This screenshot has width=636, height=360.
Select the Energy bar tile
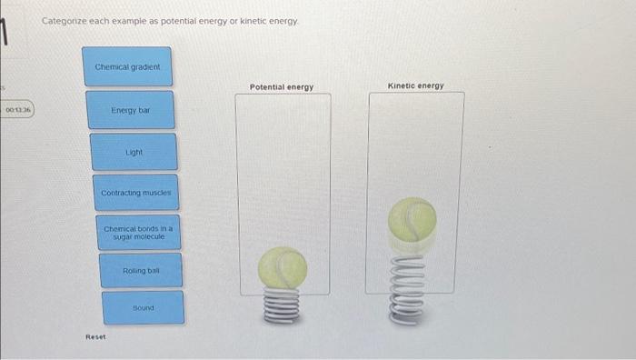pyautogui.click(x=130, y=109)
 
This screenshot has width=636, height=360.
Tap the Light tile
pyautogui.click(x=134, y=152)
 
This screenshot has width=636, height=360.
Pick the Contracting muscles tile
pyautogui.click(x=135, y=193)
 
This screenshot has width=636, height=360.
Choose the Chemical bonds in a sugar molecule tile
pyautogui.click(x=138, y=232)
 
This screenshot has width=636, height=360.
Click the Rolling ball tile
pyautogui.click(x=141, y=271)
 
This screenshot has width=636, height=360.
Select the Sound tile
pyautogui.click(x=143, y=307)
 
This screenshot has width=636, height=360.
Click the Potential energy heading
pyautogui.click(x=282, y=87)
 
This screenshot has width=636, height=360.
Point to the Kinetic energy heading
pyautogui.click(x=415, y=85)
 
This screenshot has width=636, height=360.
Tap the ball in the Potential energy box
pyautogui.click(x=283, y=268)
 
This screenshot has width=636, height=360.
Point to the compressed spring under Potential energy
pyautogui.click(x=283, y=306)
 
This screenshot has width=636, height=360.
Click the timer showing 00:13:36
pyautogui.click(x=17, y=110)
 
